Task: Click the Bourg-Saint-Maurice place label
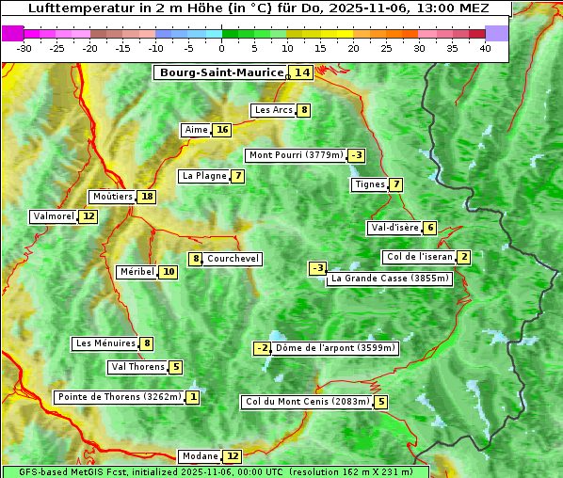221,72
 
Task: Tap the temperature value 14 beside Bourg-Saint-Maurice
301,72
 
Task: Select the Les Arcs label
274,110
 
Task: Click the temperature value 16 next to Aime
221,130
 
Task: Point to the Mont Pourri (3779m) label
295,155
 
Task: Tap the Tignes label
369,184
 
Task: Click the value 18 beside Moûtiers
147,197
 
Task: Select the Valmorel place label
54,216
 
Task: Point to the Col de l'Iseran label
420,257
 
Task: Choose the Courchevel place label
233,259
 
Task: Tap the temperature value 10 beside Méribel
168,272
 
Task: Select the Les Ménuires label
105,343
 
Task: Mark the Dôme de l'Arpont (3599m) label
336,348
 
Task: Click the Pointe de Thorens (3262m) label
119,397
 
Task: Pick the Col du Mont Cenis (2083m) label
306,402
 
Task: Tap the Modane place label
199,456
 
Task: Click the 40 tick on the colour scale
485,48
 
